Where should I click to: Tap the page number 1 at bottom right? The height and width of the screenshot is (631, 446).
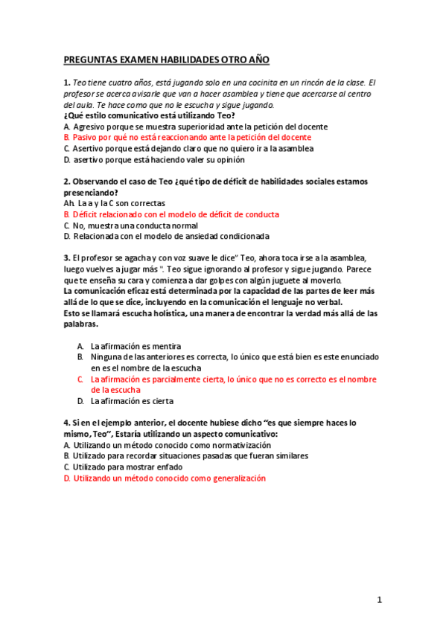(379, 599)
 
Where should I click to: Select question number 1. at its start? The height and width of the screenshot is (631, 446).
(67, 83)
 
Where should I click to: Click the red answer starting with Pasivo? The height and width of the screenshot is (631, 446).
(187, 138)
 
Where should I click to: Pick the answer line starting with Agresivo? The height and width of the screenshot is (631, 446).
(185, 126)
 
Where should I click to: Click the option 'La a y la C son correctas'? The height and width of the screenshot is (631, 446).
(115, 203)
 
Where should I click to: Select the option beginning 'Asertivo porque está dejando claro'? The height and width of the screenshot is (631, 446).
(188, 149)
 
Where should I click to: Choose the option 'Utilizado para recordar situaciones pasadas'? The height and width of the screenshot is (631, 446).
(186, 455)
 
